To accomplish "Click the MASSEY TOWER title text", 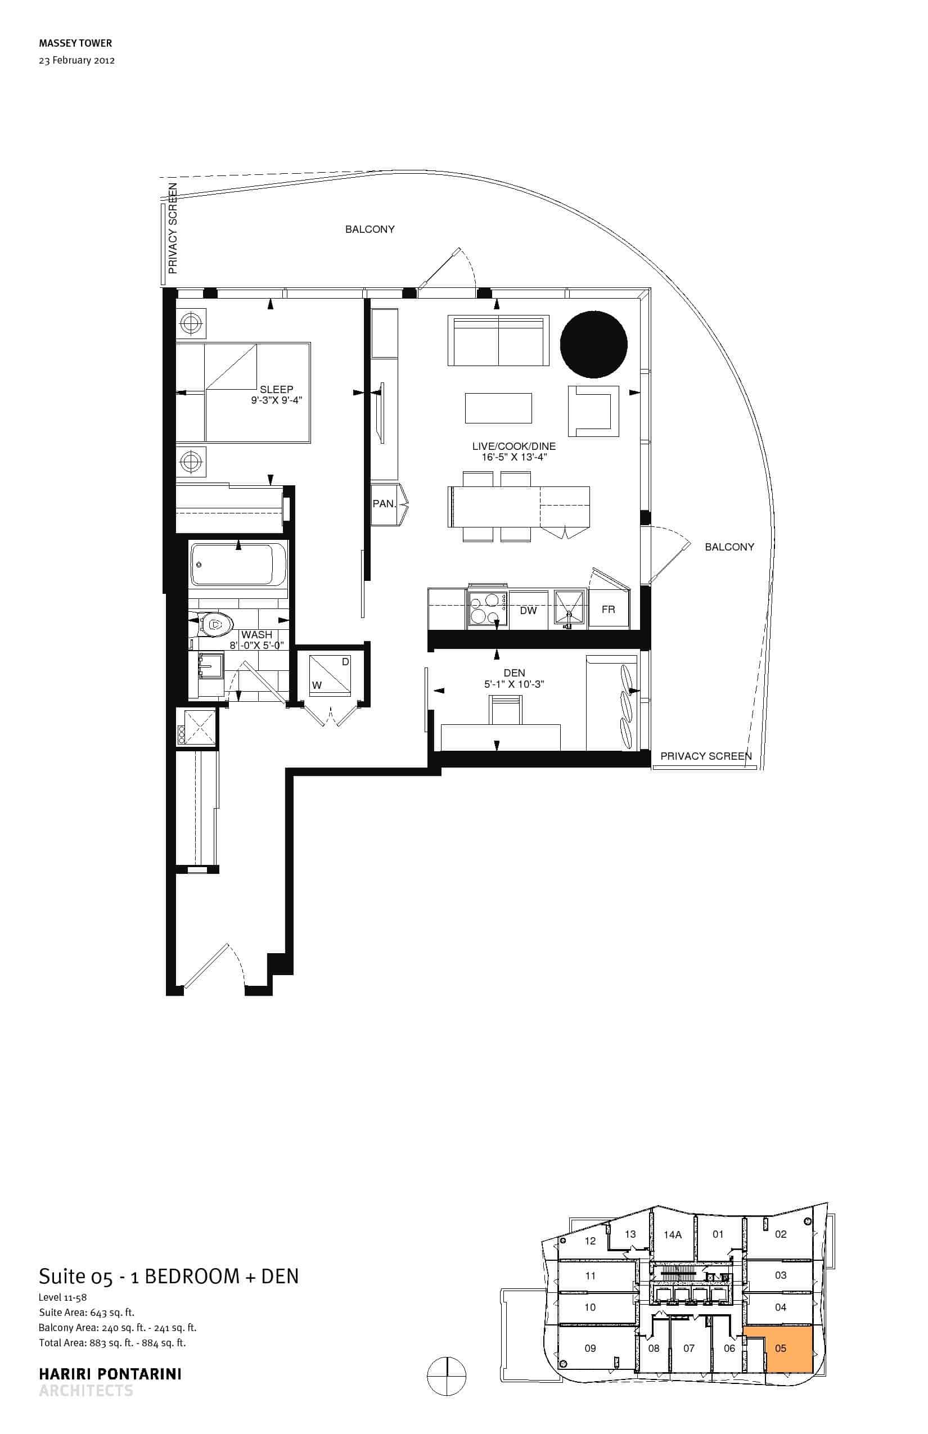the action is pos(75,43).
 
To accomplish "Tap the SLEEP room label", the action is pos(277,389).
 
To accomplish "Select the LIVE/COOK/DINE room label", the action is pos(514,447).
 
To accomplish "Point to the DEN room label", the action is pos(514,673).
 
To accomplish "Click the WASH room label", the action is pos(256,634).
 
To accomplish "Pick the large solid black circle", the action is pos(593,344).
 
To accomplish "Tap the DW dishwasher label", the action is pos(528,610).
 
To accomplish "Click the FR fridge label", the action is pos(608,610).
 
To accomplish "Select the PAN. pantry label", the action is pos(384,503).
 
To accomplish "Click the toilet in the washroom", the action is pos(211,624).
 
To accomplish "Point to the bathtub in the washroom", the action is pos(238,564).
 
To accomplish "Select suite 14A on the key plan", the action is pos(673,1234).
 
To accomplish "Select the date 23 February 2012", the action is pos(76,60).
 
